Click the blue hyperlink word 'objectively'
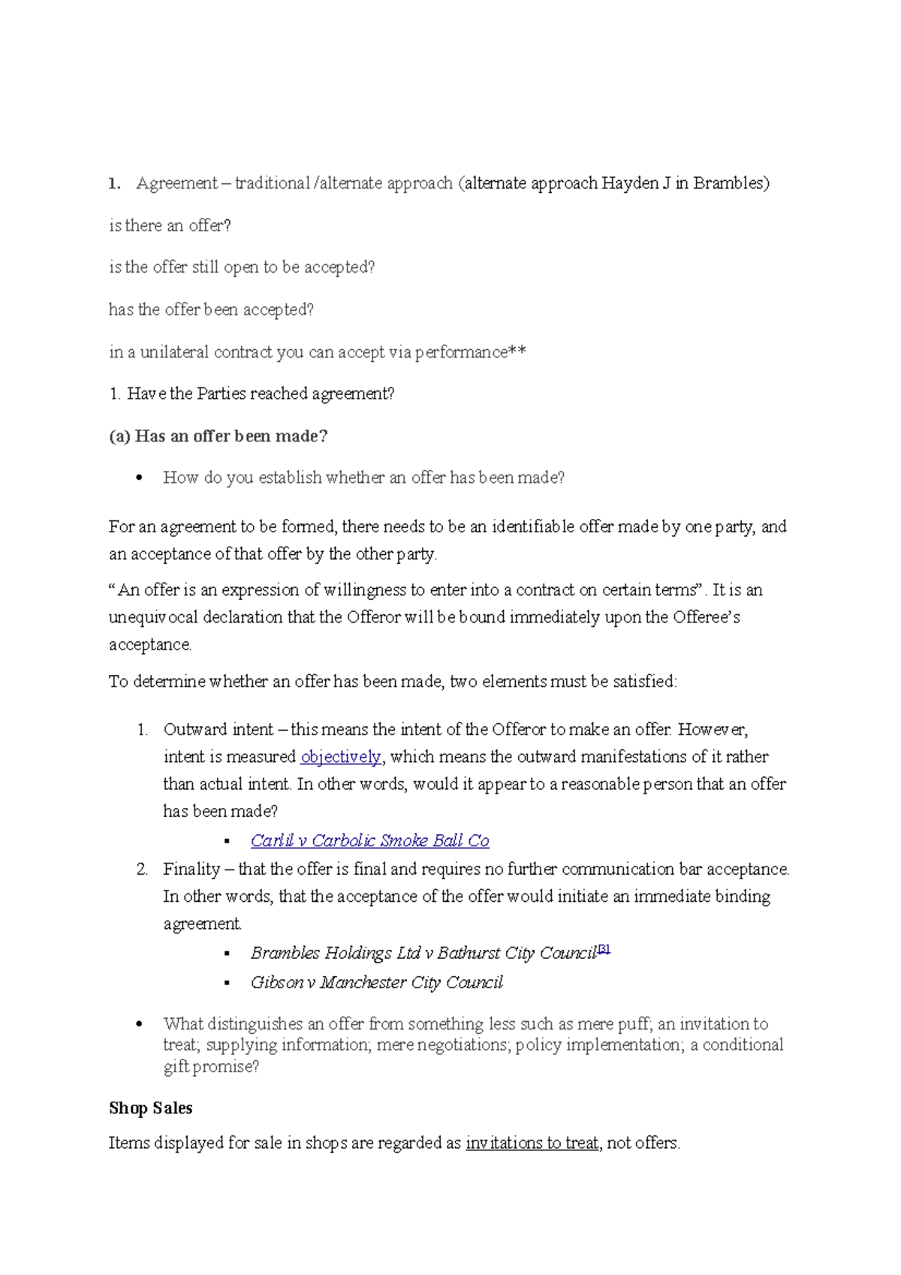[341, 757]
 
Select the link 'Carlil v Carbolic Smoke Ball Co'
[369, 841]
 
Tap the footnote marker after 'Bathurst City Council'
[604, 950]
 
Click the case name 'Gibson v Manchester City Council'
[376, 983]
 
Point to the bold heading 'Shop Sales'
[150, 1108]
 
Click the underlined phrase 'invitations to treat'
[532, 1144]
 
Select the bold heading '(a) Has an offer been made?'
[218, 436]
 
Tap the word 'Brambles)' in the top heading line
[731, 183]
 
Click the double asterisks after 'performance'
[517, 352]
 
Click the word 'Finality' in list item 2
[191, 870]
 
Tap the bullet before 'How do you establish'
[139, 478]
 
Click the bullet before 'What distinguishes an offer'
[139, 1024]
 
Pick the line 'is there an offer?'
[170, 226]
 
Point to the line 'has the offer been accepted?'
[211, 310]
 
